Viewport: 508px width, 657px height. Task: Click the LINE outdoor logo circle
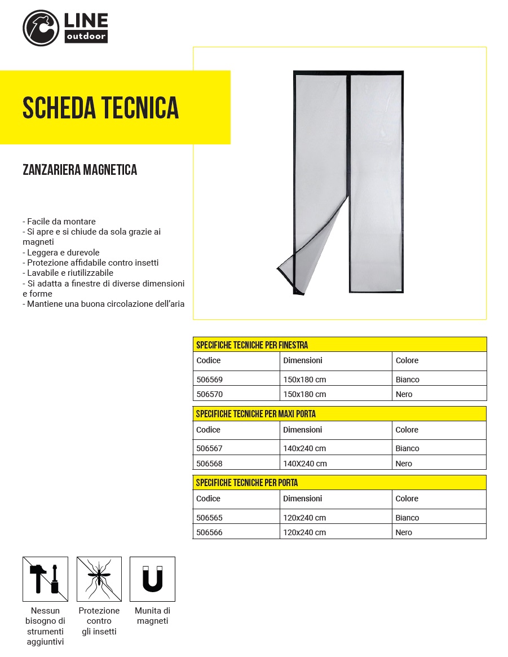click(41, 28)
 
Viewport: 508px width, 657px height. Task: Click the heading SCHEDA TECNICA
click(100, 108)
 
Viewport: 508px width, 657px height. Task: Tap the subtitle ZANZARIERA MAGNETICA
click(79, 170)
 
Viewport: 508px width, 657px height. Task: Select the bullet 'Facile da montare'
click(59, 222)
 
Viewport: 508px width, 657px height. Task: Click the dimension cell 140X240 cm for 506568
click(305, 464)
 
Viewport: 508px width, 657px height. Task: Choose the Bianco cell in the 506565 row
click(407, 518)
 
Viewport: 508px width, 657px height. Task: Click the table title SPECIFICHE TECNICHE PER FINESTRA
click(252, 345)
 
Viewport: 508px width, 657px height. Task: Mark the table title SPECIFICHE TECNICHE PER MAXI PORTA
click(255, 414)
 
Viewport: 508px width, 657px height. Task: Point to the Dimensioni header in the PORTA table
click(303, 499)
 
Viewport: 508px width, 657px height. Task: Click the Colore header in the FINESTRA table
click(407, 360)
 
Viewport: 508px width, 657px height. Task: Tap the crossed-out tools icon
click(45, 579)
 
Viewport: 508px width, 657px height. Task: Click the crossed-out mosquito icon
click(99, 579)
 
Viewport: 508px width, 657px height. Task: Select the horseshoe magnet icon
click(152, 579)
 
